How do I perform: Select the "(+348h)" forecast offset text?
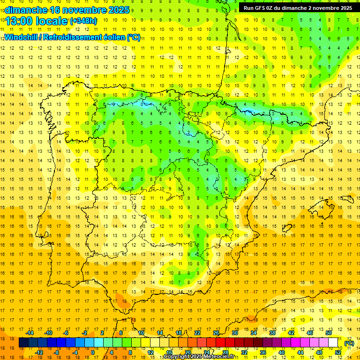[83, 21]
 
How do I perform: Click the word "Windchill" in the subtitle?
[22, 37]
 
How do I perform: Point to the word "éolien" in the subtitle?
[112, 37]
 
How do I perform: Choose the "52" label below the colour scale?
[338, 352]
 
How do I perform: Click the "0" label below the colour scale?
[93, 352]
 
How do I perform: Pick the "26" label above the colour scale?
[216, 333]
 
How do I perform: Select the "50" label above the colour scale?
[329, 333]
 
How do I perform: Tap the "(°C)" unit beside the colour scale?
[349, 343]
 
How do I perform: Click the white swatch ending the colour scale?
[333, 343]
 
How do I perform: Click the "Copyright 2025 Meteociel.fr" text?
[199, 357]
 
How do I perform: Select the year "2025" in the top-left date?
[118, 10]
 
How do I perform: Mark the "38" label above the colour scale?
[272, 333]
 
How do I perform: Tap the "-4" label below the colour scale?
[75, 352]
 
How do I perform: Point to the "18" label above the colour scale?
[179, 333]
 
